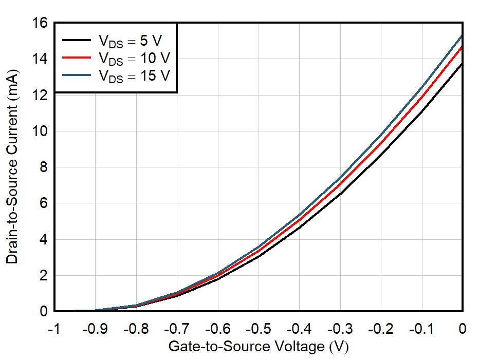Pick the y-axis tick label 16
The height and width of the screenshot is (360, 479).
[x=41, y=24]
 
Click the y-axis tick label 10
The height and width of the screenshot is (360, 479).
[x=41, y=131]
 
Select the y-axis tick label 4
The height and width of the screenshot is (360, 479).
[x=44, y=240]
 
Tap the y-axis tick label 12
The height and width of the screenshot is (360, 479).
[x=41, y=96]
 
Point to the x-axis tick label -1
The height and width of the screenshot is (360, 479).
[x=53, y=329]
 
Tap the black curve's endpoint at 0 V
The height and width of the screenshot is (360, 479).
[x=463, y=64]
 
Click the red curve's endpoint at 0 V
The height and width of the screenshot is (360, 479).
[x=463, y=47]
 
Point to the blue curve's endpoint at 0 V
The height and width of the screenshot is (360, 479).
[x=463, y=35]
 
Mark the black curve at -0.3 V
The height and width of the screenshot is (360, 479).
[x=340, y=193]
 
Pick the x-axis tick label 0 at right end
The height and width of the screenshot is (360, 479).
[x=463, y=329]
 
